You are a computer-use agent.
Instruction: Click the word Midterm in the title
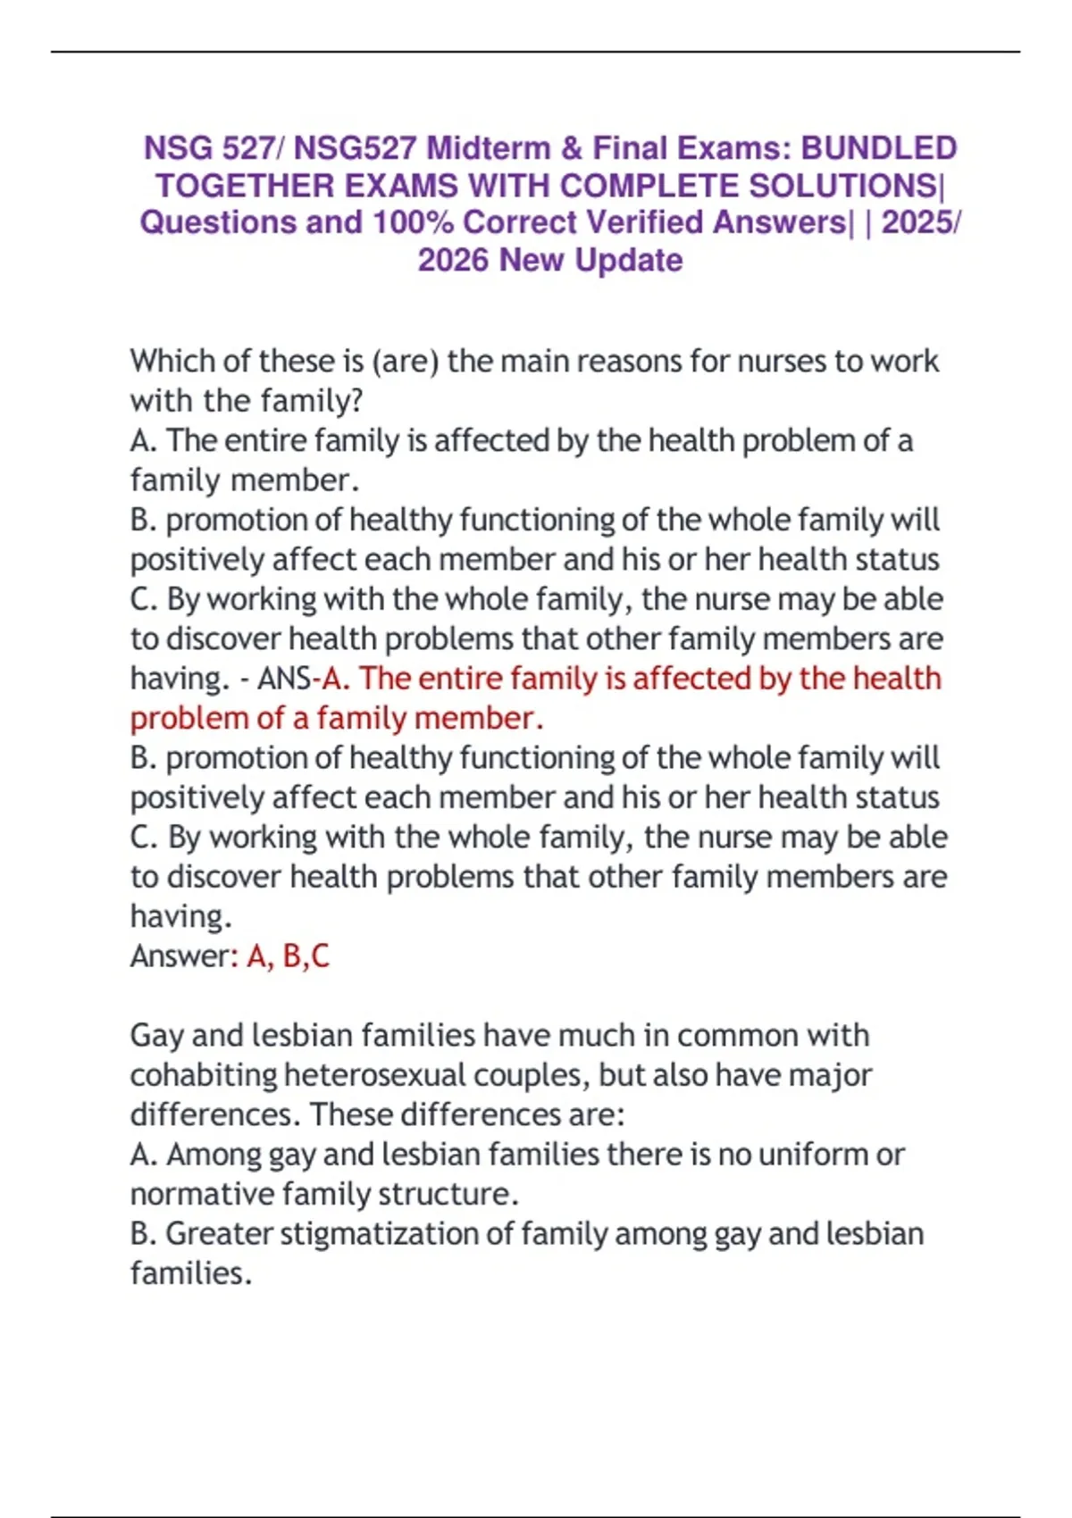tap(488, 148)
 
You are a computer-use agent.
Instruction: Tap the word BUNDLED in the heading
tap(879, 148)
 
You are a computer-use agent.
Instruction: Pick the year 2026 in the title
tap(454, 260)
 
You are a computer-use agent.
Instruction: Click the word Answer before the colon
tap(180, 956)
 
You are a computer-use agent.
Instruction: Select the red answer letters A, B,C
tap(288, 956)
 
